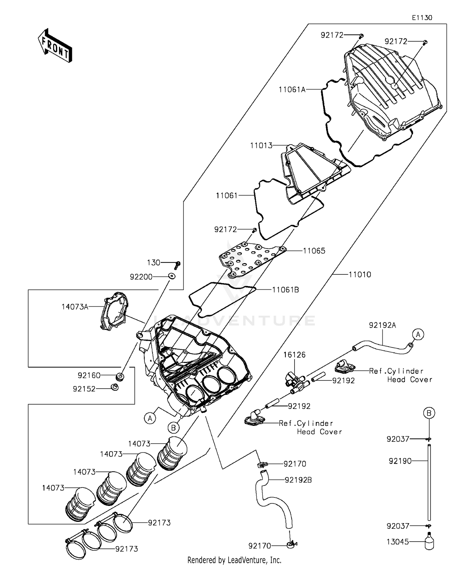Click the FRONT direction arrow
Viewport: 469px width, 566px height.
[55, 46]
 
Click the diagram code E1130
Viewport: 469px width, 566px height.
[422, 18]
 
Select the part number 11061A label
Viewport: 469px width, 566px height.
[292, 90]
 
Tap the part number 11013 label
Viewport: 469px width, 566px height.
[261, 145]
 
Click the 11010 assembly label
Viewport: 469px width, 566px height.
[360, 275]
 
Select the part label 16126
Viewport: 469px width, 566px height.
[295, 355]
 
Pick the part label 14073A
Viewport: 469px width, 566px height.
[75, 307]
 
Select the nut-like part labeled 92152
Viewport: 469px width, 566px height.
[115, 388]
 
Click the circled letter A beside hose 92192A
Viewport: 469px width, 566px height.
[418, 334]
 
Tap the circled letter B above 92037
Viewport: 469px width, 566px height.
[429, 413]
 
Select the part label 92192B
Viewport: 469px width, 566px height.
[298, 480]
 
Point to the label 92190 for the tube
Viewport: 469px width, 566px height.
[400, 461]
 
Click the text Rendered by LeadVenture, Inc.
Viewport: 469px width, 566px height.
[234, 560]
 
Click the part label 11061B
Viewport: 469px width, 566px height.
[285, 290]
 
